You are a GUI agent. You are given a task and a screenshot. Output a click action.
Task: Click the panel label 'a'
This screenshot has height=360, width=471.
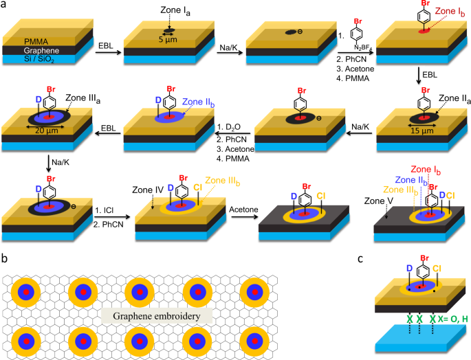5,5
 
